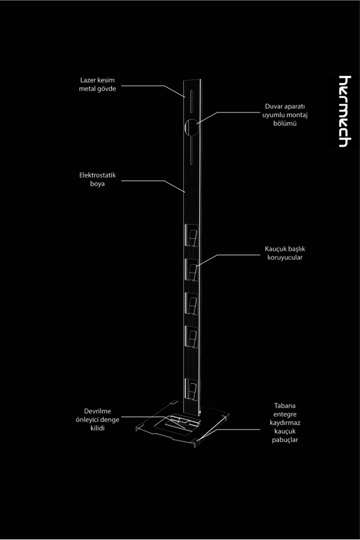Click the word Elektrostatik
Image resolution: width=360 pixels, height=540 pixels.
[97, 175]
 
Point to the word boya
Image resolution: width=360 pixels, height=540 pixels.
[97, 184]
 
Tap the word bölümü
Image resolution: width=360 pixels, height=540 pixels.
[285, 123]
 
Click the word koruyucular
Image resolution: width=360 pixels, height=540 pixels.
[285, 257]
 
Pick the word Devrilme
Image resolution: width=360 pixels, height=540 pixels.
[97, 411]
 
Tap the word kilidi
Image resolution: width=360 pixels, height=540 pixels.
[97, 428]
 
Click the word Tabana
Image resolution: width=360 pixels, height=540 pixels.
[285, 406]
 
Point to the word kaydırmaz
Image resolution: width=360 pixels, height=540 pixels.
[285, 423]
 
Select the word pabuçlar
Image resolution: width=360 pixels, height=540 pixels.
[285, 440]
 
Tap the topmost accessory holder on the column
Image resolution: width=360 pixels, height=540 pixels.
[191, 235]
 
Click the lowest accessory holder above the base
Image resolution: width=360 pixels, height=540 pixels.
[191, 390]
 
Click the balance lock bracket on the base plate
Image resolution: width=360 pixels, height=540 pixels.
[183, 420]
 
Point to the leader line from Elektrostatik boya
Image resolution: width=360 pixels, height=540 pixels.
[153, 181]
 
